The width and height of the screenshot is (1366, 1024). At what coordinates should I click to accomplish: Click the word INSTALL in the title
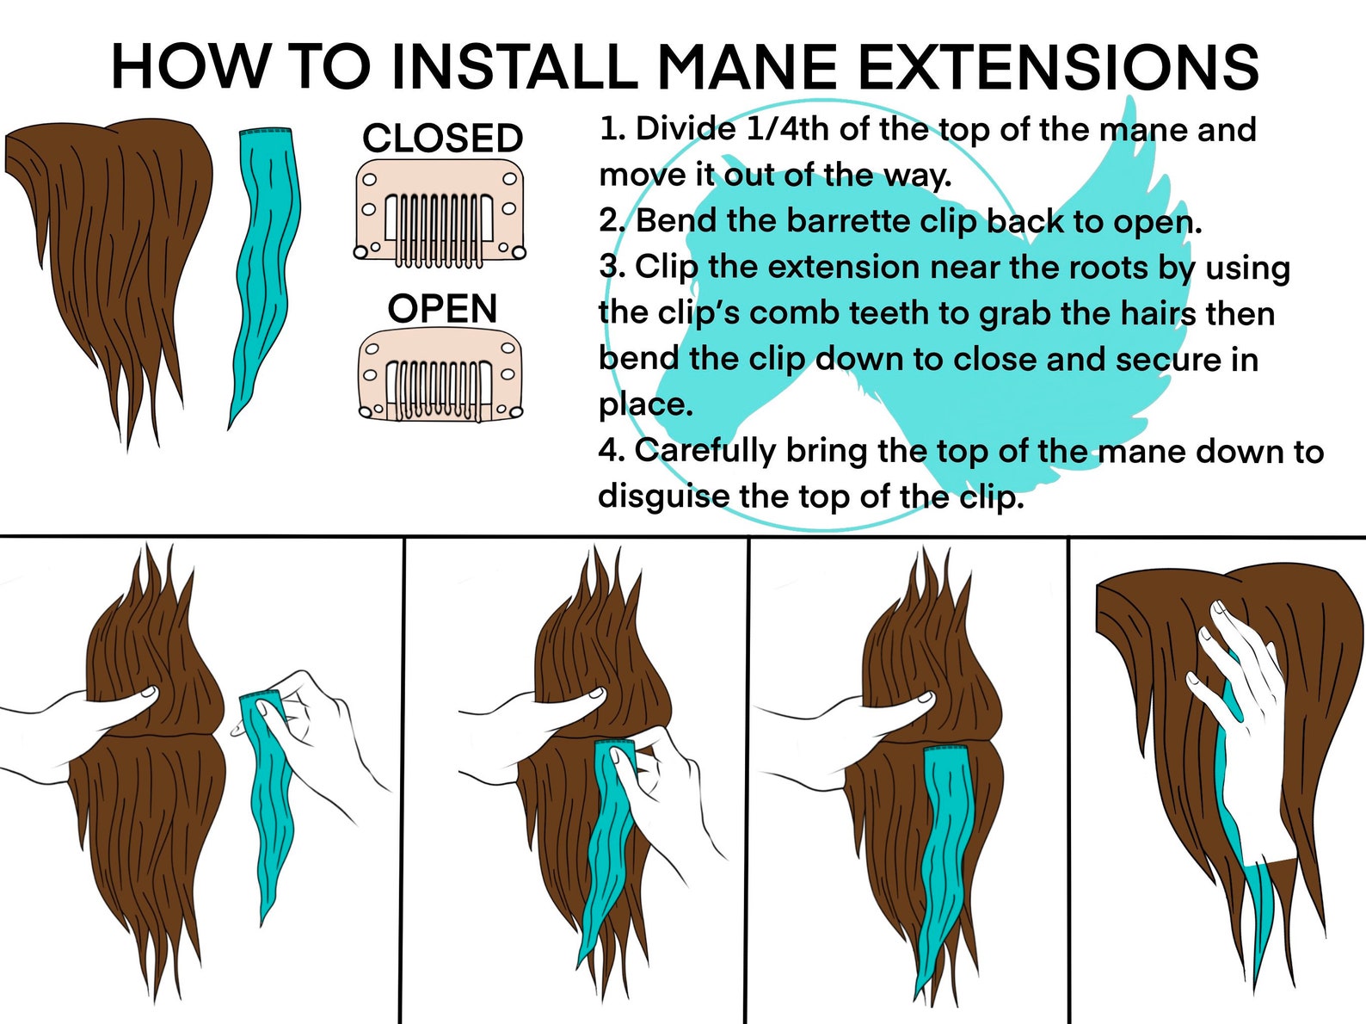[513, 67]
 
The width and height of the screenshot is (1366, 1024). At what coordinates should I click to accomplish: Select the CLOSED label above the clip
[442, 139]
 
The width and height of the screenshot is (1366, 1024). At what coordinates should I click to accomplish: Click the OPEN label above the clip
[442, 309]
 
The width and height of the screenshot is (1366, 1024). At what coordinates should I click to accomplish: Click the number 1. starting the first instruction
[612, 130]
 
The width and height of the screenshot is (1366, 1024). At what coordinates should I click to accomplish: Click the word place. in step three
[645, 404]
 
